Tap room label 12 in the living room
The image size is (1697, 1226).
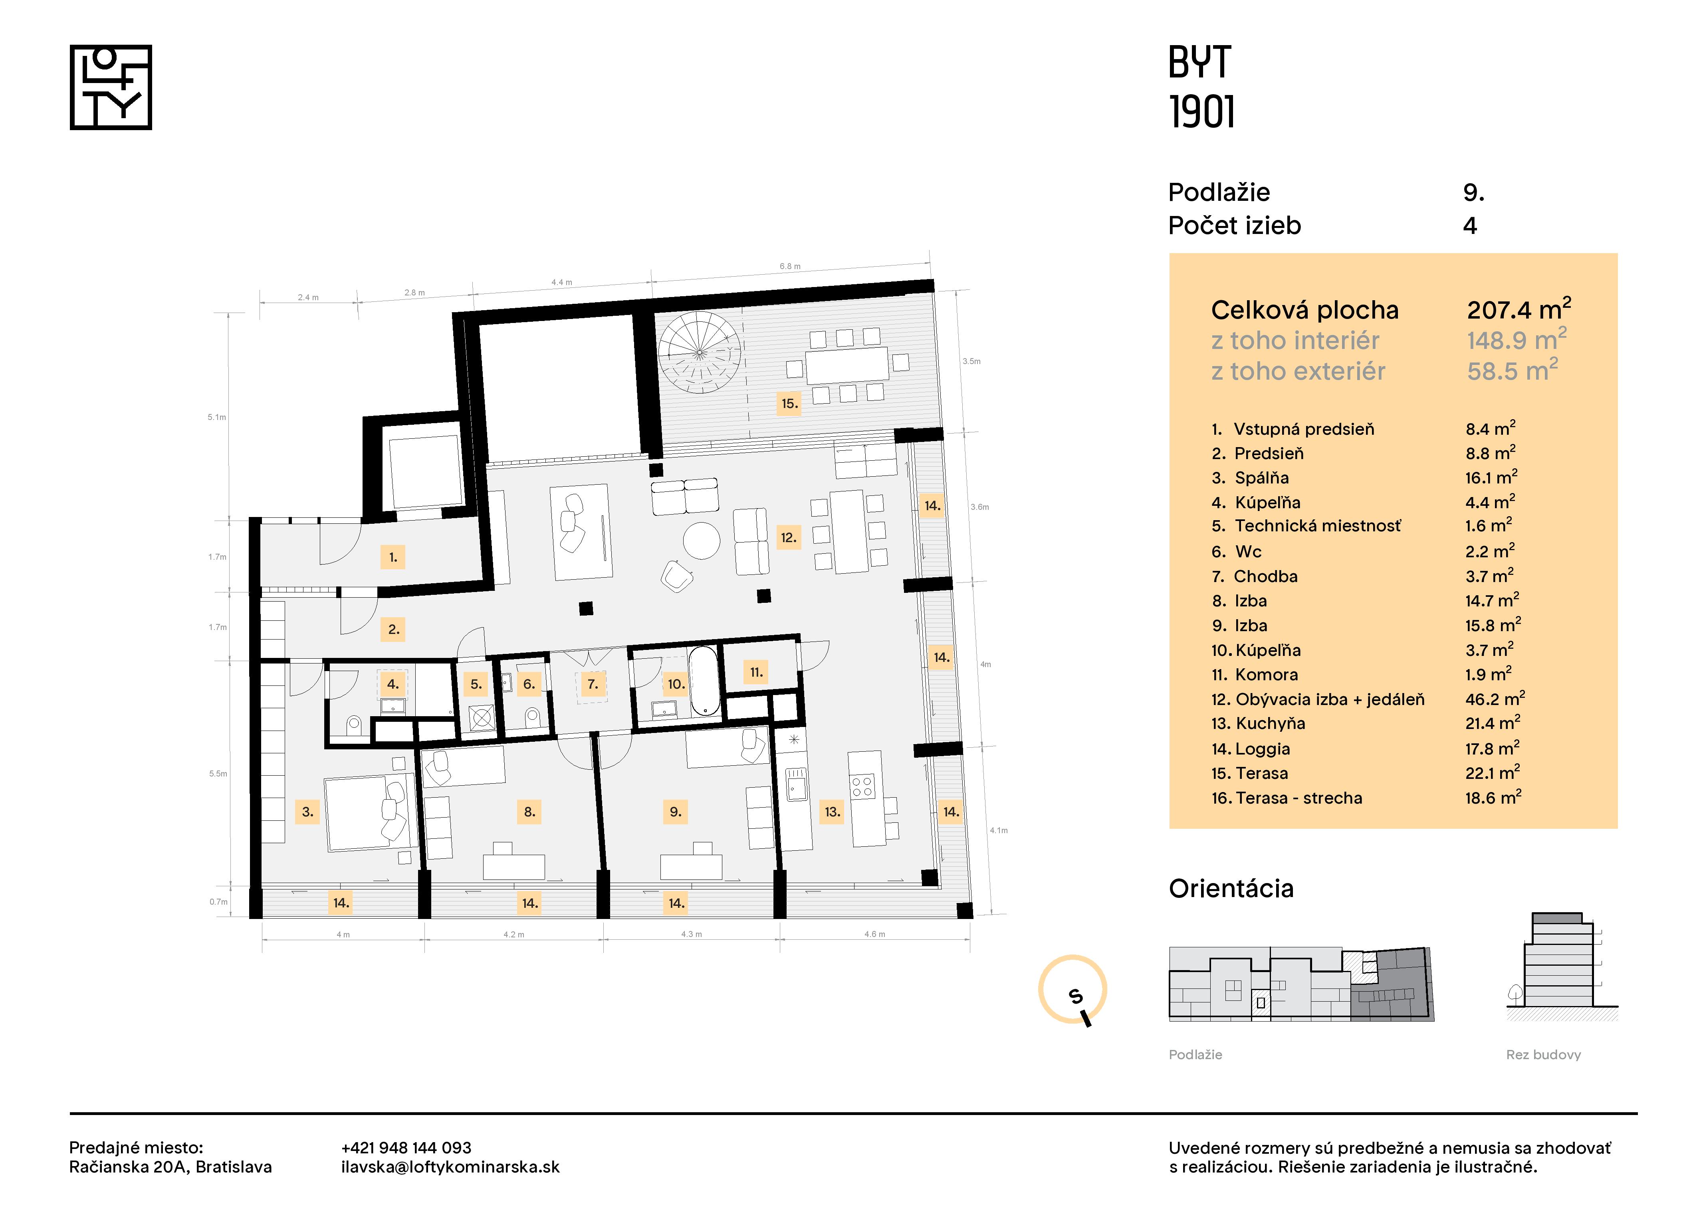pos(788,537)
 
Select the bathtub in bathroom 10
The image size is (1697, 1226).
pos(703,681)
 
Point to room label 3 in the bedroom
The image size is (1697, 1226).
pos(307,812)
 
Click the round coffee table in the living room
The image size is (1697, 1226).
pos(701,540)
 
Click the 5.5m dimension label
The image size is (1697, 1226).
pos(218,773)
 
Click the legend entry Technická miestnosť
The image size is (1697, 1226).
pos(1317,526)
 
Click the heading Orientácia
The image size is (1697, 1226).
pos(1231,889)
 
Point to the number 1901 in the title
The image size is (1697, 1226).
pos(1201,112)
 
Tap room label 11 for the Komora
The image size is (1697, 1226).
pos(757,672)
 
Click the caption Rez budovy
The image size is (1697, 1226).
pos(1543,1055)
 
